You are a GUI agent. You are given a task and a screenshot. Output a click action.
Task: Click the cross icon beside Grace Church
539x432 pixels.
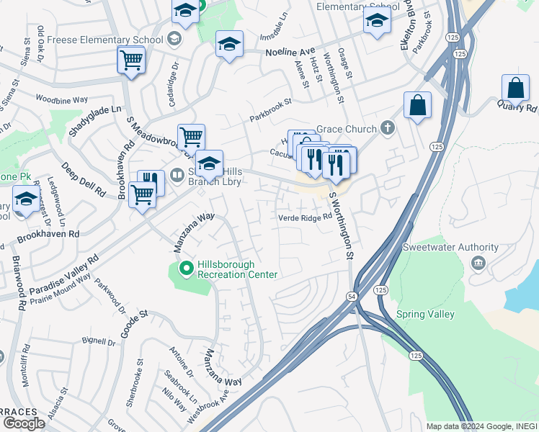click(x=388, y=129)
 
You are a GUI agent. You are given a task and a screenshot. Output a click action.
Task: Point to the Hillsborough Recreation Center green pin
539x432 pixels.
click(x=187, y=269)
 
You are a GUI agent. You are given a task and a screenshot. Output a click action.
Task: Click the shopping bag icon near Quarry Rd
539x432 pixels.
click(x=516, y=89)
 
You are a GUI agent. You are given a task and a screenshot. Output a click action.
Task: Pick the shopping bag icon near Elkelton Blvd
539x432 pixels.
click(x=417, y=106)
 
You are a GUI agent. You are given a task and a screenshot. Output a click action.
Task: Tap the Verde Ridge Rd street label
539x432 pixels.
click(x=306, y=217)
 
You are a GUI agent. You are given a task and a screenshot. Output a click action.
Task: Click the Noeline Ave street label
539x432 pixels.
click(x=291, y=53)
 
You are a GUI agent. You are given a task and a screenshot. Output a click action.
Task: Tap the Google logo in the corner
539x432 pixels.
click(x=24, y=423)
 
